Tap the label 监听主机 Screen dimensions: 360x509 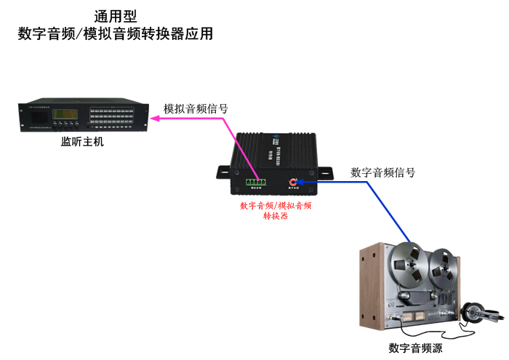pos(82,142)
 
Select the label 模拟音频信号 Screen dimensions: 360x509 pos(196,108)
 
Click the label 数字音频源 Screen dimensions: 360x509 pos(415,348)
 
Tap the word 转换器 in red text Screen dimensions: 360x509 pos(276,216)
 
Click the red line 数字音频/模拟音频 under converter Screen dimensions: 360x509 pos(276,206)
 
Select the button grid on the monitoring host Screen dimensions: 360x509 pos(113,117)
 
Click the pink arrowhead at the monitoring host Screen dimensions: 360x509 pos(156,119)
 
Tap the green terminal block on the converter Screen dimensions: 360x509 pos(255,181)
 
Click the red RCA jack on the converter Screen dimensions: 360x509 pos(295,182)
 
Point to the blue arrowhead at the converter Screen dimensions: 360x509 pos(304,182)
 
